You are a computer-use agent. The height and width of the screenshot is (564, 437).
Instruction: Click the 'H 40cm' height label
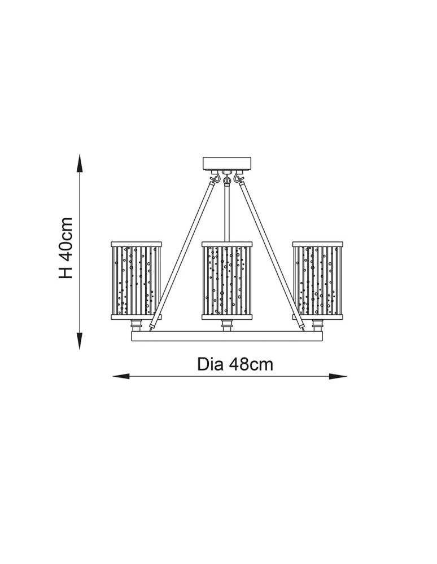coord(66,248)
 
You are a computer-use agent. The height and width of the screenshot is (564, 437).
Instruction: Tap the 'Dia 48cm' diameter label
coord(235,364)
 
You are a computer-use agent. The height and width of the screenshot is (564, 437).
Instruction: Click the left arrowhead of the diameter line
coord(121,376)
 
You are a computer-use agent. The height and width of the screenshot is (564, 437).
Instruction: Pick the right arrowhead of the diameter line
coord(338,376)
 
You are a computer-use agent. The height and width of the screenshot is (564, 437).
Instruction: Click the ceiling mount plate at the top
coord(227,164)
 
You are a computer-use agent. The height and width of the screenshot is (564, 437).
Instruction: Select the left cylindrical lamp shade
coord(136,280)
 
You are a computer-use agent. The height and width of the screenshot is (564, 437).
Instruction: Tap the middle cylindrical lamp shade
coord(227,280)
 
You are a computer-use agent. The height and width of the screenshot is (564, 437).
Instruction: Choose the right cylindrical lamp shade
coord(317,280)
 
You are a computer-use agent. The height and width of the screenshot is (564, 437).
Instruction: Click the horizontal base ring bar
coord(227,336)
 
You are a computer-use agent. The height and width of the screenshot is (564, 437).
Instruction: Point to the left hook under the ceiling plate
coord(217,177)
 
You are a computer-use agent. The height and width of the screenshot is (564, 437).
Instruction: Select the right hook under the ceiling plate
coord(237,177)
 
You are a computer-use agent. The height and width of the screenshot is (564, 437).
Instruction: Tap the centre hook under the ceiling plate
coord(227,178)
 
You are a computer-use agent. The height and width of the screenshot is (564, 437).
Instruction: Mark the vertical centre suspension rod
coord(227,212)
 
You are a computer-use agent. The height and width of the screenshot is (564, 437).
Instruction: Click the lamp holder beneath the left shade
coord(136,325)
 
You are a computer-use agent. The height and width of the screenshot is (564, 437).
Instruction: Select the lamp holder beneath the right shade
coord(317,325)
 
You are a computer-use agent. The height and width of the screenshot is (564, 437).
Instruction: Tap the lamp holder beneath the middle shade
coord(227,325)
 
